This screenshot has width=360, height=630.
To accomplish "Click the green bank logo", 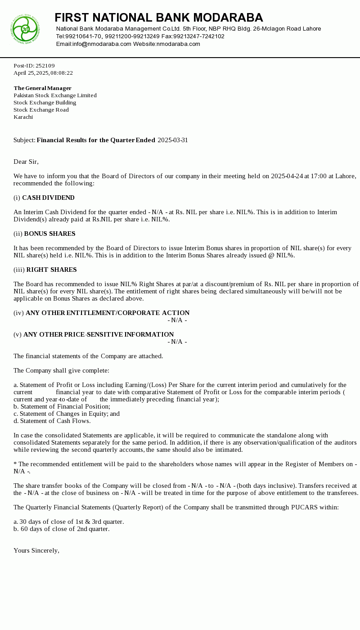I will (x=25, y=29).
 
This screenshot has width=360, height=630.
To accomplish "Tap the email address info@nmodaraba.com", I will (x=102, y=44).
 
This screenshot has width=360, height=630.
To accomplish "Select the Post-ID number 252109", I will (x=45, y=66).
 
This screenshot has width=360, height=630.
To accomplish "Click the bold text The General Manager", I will (x=42, y=88).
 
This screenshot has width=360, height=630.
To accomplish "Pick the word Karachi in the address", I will (x=23, y=117).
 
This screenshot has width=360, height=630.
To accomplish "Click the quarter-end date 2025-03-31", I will (x=173, y=140).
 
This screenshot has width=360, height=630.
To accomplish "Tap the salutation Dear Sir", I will (x=26, y=162).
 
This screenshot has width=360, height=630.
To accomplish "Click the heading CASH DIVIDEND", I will (x=48, y=198).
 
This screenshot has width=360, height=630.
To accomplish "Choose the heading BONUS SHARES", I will (x=49, y=234).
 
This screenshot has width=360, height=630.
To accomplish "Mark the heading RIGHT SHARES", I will (x=51, y=270).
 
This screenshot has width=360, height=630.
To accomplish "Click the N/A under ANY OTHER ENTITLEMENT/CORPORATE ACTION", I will (x=177, y=320).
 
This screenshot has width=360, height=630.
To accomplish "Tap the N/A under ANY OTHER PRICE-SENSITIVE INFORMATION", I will (x=177, y=342).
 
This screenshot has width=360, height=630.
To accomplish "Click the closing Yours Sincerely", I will (x=36, y=550).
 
